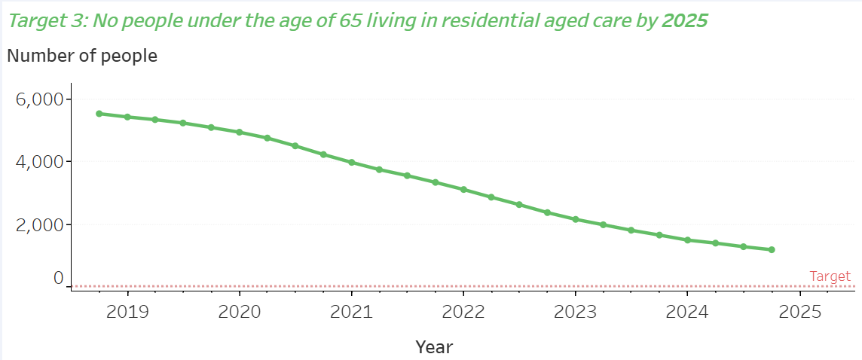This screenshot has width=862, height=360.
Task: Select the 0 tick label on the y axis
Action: click(58, 278)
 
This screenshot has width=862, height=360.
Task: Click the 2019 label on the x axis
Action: click(127, 312)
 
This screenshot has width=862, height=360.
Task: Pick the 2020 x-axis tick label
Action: click(239, 312)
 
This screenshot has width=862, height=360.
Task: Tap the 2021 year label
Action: click(351, 312)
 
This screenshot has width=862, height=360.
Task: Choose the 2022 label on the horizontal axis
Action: click(463, 312)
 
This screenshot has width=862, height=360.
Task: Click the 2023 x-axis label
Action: click(575, 312)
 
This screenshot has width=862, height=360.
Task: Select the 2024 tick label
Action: click(687, 312)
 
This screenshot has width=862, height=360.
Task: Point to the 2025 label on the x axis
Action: click(799, 312)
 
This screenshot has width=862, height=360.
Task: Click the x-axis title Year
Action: click(434, 347)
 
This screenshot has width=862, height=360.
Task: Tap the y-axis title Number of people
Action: click(82, 56)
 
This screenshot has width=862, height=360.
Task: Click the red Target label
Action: click(830, 276)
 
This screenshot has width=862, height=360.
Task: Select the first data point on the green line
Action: click(99, 114)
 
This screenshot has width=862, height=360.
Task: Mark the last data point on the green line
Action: click(772, 249)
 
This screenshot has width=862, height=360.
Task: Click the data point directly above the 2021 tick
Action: click(351, 162)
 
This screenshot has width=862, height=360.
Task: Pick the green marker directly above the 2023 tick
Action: click(575, 219)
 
